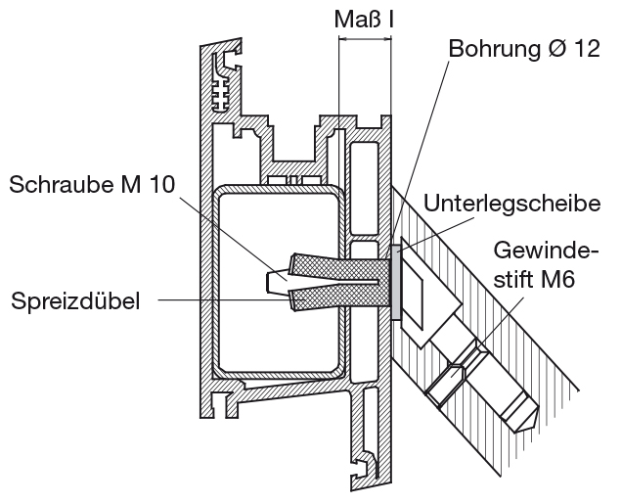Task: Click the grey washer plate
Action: [394, 285]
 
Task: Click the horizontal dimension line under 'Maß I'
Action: [364, 40]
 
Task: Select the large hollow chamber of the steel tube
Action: [278, 284]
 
